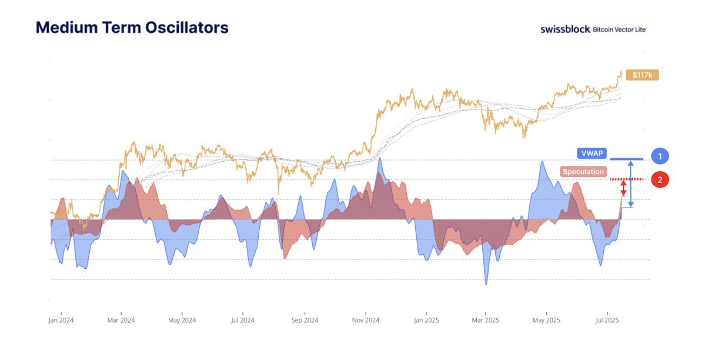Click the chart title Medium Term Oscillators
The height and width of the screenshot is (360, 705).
click(132, 28)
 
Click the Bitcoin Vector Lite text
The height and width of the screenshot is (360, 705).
click(619, 29)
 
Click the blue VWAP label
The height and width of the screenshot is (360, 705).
click(589, 153)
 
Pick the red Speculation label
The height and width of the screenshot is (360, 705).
click(583, 172)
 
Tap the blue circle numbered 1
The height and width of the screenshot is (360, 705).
click(660, 156)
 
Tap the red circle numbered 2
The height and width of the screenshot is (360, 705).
click(660, 180)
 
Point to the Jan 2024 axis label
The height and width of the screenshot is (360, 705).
click(61, 321)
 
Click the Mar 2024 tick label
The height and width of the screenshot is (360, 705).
click(121, 321)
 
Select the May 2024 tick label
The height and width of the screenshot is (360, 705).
click(182, 321)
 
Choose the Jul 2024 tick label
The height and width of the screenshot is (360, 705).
click(242, 321)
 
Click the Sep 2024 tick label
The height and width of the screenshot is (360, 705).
click(305, 321)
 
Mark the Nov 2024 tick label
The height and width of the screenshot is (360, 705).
click(366, 321)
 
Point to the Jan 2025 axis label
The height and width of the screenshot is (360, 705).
click(427, 321)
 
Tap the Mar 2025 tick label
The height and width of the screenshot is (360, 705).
click(486, 321)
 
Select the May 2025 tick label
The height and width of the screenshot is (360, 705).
click(546, 321)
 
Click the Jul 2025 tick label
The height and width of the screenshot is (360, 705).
click(607, 321)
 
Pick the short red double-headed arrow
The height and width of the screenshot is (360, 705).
click(624, 188)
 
